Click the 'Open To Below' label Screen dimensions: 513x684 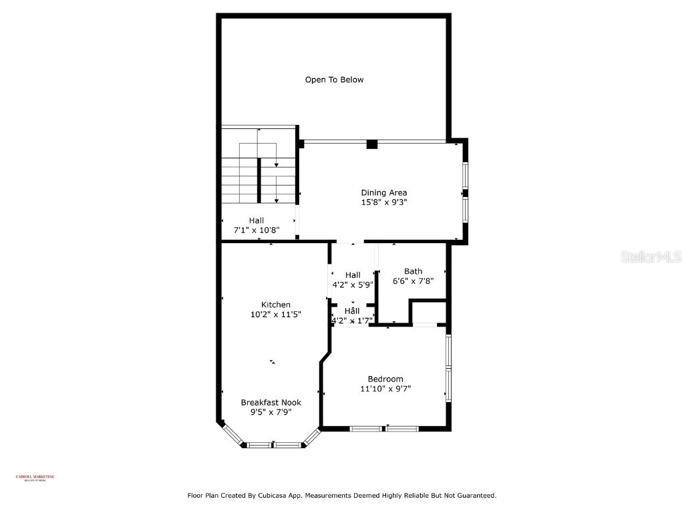click(334, 79)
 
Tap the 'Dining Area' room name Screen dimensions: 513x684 click(383, 193)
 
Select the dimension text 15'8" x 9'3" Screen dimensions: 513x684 click(383, 202)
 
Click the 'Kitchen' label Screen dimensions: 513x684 click(275, 305)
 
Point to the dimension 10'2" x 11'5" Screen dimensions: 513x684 click(275, 314)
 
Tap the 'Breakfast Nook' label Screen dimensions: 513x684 click(271, 403)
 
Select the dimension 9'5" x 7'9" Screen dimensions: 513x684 click(271, 412)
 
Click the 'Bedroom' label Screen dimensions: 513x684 click(385, 379)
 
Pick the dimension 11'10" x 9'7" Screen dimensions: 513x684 click(385, 388)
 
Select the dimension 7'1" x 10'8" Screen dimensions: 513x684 click(256, 230)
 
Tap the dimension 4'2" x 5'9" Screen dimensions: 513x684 click(352, 285)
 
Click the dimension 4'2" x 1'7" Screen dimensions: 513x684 click(352, 321)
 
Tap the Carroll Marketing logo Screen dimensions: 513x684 click(35, 478)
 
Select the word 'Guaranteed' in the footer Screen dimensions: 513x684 click(474, 496)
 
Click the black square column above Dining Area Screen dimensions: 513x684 click(372, 144)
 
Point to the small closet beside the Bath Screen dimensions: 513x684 click(427, 313)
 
